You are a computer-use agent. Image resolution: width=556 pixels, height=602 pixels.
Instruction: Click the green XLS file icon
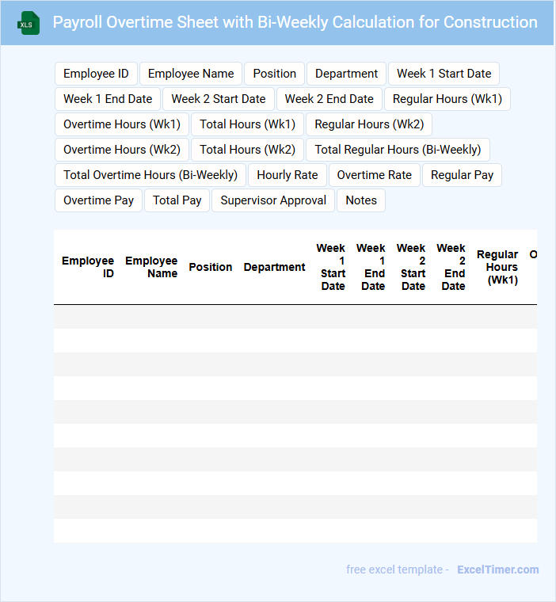pos(28,23)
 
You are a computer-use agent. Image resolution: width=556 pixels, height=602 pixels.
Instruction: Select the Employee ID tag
pos(96,74)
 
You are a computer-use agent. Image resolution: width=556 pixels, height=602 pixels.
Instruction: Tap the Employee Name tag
pos(191,74)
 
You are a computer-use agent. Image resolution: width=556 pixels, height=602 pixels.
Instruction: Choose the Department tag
pos(346,74)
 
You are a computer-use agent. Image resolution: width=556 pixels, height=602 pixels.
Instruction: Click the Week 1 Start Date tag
pos(444,74)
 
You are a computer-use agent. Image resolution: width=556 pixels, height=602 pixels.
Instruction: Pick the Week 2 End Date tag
pos(329,99)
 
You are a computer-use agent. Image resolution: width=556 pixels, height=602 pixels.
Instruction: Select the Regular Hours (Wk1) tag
pos(447,99)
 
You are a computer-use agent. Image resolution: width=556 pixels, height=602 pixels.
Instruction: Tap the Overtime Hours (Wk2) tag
pos(122,150)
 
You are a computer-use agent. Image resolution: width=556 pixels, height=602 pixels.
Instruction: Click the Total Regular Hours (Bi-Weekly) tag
pos(398,150)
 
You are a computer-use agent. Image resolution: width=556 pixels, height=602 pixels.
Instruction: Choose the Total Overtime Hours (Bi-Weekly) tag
pos(150,175)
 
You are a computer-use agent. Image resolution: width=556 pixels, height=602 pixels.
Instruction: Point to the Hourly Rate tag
pos(287,175)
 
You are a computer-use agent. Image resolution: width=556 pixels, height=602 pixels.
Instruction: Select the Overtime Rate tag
pos(374,175)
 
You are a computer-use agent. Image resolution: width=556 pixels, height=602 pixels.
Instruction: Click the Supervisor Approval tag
pos(273,200)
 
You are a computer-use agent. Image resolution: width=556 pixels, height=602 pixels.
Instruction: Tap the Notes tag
pos(361,200)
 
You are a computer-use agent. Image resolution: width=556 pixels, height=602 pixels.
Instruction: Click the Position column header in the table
pos(211,267)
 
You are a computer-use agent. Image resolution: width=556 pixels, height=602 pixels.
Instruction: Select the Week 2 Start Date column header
pos(413,267)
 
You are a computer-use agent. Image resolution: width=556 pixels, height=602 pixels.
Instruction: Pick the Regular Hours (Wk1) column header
pos(498,267)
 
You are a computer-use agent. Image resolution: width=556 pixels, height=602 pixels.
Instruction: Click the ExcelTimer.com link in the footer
pos(497,570)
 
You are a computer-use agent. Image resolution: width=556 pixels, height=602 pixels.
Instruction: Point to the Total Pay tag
pos(177,200)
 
